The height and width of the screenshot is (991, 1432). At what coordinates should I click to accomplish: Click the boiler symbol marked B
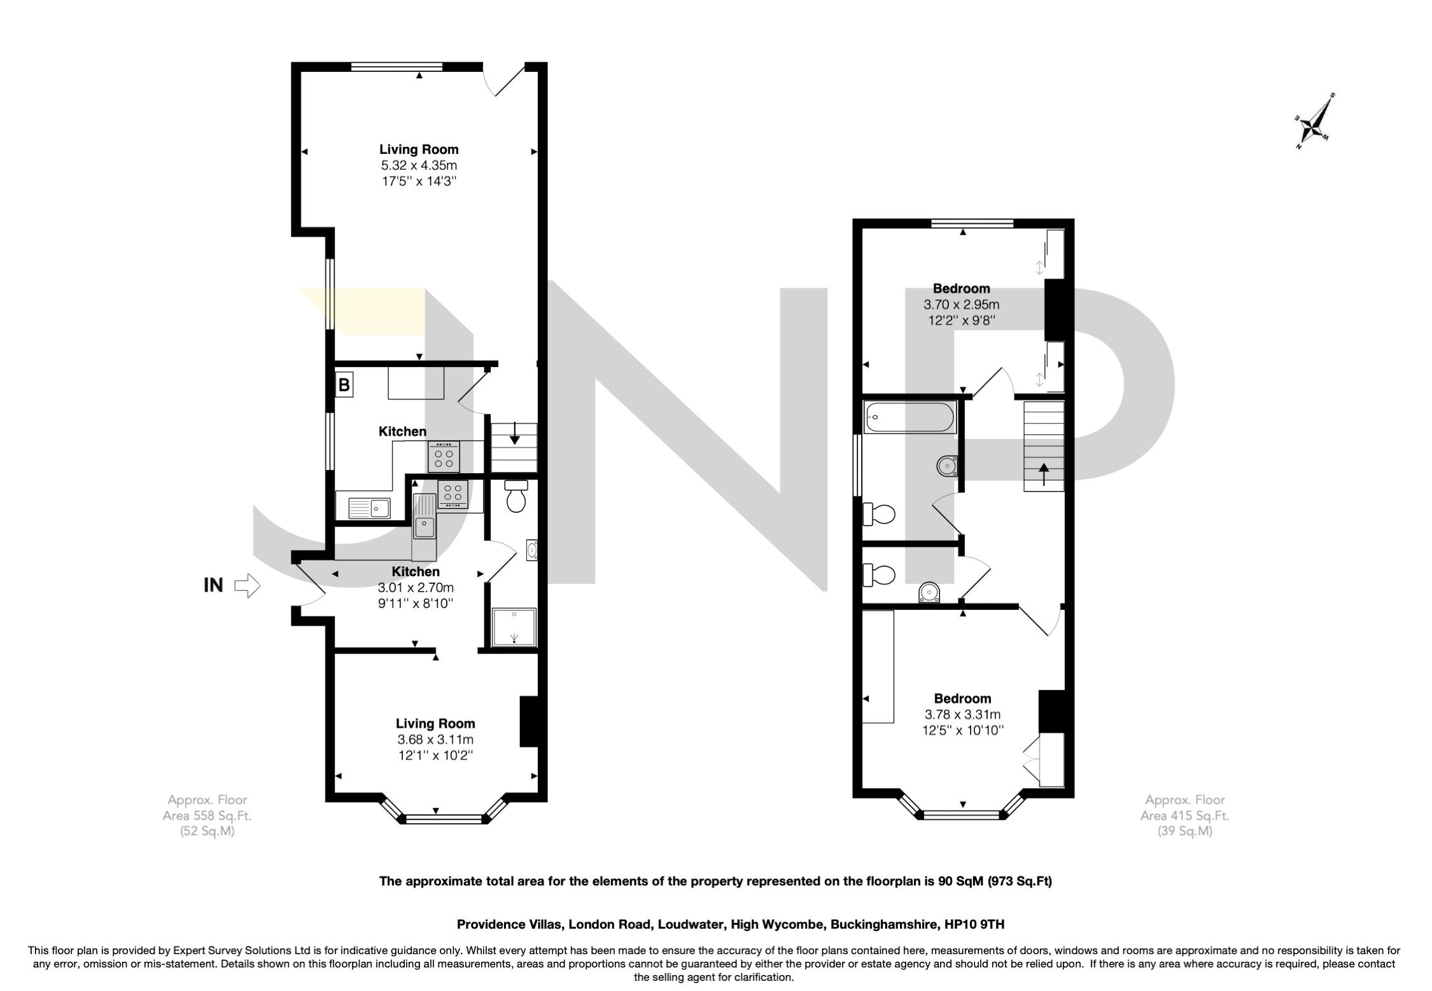(344, 385)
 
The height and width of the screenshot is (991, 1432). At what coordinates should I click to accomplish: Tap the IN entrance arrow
(248, 585)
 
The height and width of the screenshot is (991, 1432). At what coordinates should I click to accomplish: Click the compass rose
(1314, 122)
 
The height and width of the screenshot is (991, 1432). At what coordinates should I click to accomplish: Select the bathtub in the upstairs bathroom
(909, 418)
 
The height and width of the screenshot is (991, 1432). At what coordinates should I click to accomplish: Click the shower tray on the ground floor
(514, 628)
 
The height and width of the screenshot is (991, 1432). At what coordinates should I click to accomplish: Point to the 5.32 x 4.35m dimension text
(419, 165)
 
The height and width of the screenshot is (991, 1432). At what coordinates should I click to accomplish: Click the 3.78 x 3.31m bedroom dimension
(962, 715)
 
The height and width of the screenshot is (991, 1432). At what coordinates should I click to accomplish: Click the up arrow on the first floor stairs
(1044, 474)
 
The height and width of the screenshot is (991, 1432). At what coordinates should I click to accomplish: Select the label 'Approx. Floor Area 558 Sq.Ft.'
(207, 815)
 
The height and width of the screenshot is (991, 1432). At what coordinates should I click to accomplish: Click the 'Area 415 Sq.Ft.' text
(1184, 815)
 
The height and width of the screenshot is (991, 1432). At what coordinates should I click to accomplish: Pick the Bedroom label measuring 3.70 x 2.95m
(961, 288)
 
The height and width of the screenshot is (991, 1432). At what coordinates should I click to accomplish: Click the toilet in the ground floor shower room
(516, 497)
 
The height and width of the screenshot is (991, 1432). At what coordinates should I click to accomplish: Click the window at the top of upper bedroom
(972, 223)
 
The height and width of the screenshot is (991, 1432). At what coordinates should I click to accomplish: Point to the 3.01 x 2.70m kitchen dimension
(415, 587)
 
